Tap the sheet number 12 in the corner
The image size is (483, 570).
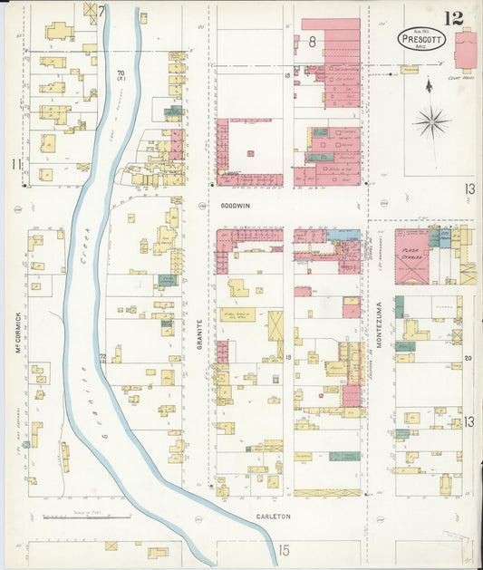tap(454, 17)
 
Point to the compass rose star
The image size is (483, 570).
tap(431, 121)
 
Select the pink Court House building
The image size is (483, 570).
tap(469, 50)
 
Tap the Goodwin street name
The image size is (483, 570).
tap(235, 207)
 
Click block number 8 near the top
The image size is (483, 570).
tap(312, 41)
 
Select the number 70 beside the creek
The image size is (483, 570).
tap(121, 73)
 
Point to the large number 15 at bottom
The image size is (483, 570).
tap(284, 550)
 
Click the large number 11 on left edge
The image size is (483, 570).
tap(15, 164)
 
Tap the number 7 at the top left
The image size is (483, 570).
tap(102, 12)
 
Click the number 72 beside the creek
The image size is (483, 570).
tap(103, 357)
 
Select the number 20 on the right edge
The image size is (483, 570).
tap(469, 358)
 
